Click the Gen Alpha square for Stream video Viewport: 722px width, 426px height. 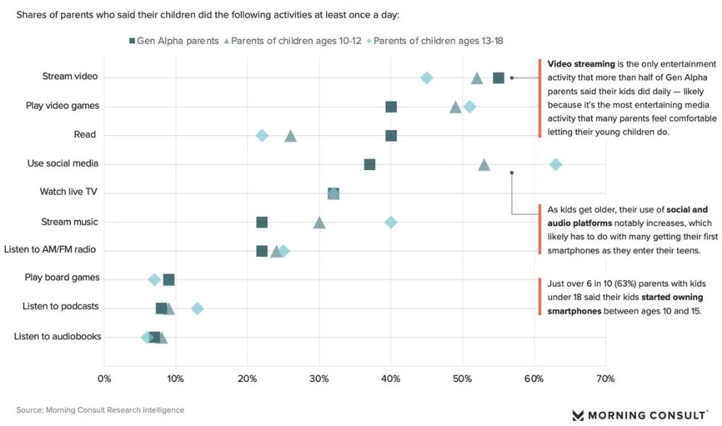[x=499, y=78]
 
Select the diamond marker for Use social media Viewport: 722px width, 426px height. [x=556, y=164]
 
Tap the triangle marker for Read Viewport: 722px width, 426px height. [x=291, y=135]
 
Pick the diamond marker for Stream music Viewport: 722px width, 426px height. [x=391, y=222]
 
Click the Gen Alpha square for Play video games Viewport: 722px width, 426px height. [x=391, y=107]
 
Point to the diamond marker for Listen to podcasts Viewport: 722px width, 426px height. [x=198, y=308]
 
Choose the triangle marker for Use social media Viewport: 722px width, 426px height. [x=484, y=164]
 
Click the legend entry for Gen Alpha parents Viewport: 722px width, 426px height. [x=173, y=41]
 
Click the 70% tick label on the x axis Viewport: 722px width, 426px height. [x=605, y=378]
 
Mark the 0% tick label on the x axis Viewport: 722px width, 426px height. [x=104, y=378]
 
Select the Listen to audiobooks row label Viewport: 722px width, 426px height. [x=58, y=336]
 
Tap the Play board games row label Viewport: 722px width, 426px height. [x=62, y=277]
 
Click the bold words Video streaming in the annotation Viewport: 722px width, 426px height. [x=581, y=64]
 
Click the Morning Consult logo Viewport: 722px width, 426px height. [x=640, y=415]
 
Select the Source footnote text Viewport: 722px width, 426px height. [x=100, y=410]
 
